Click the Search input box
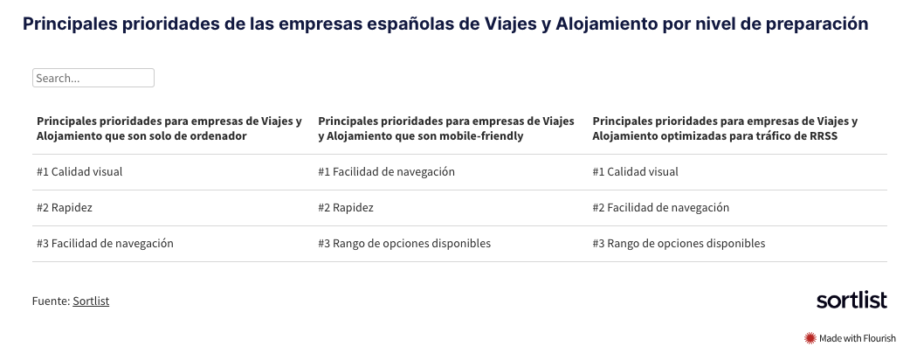tap(93, 78)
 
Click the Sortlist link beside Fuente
tap(91, 301)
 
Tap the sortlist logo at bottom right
tap(851, 301)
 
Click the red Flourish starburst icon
tap(810, 338)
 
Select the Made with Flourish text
tap(858, 338)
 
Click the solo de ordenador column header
tap(169, 128)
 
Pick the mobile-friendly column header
tap(446, 128)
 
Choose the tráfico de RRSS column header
tap(726, 128)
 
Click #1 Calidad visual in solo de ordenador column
tap(79, 172)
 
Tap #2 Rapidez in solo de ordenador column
tap(65, 208)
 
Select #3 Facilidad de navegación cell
tap(105, 243)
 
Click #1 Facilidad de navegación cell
tap(387, 172)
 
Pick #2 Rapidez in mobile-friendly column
tap(346, 208)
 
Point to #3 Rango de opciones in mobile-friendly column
tap(404, 243)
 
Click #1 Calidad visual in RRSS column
tap(636, 172)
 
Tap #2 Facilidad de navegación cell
tap(661, 208)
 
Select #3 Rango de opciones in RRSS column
tap(679, 243)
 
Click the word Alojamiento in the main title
tap(606, 24)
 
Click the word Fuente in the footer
tap(51, 301)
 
